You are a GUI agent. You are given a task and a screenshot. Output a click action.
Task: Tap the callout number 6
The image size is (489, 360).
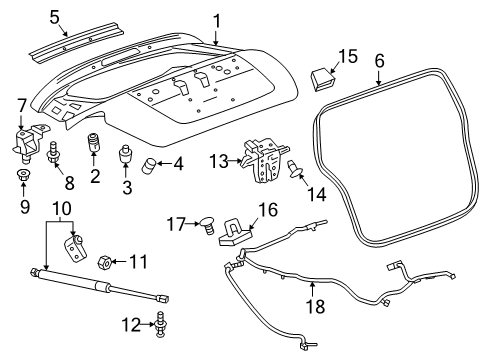379,60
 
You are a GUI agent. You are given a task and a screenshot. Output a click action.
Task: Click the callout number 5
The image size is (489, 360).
56,16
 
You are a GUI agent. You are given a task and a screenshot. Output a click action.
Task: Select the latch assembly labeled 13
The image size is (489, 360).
266,161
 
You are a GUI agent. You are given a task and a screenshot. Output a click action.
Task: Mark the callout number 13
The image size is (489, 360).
219,160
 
